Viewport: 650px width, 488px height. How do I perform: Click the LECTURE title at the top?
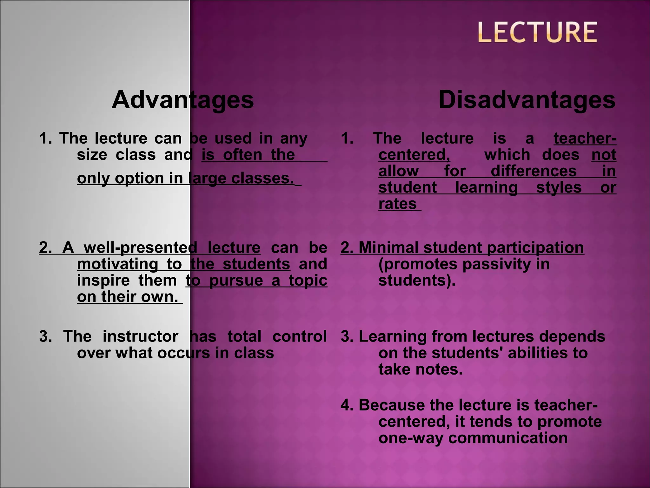(537, 32)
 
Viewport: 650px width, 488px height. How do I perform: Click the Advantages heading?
(182, 100)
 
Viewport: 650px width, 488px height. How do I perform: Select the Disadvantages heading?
(527, 100)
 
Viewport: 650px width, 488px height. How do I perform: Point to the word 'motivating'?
(117, 264)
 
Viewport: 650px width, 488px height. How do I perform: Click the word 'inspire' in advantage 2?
(103, 281)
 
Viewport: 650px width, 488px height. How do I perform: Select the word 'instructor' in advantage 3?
(140, 336)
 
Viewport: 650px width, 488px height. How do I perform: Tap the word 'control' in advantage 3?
(300, 336)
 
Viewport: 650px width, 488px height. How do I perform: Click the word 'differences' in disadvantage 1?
(534, 171)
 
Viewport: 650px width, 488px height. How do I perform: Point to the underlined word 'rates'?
(397, 204)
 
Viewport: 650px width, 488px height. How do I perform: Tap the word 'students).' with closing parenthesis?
(417, 281)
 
